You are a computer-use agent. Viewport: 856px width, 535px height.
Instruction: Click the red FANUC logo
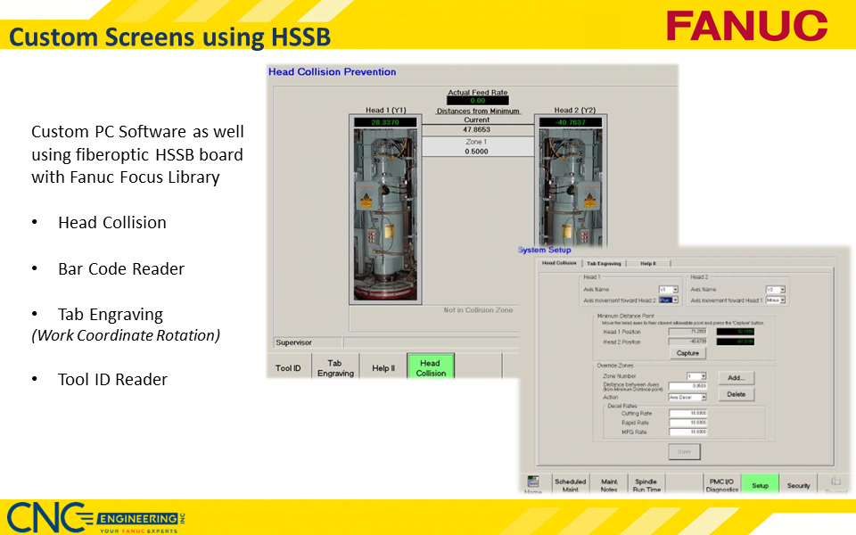click(x=746, y=25)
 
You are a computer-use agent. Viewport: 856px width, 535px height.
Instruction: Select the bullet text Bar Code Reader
click(x=121, y=268)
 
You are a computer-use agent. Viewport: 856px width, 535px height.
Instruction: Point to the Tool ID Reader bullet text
click(x=112, y=379)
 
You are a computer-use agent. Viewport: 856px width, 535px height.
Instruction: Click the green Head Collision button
click(x=430, y=367)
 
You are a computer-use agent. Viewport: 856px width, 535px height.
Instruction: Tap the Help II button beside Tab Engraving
click(x=383, y=368)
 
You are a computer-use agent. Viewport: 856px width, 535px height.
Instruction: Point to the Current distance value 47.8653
click(x=477, y=130)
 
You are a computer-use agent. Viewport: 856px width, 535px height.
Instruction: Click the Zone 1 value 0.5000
click(x=477, y=151)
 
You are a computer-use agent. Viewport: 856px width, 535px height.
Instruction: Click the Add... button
click(x=736, y=377)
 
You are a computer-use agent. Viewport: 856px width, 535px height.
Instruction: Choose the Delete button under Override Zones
click(x=736, y=394)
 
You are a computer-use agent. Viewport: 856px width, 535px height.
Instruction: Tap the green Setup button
click(x=760, y=486)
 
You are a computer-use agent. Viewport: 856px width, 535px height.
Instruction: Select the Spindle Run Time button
click(x=646, y=486)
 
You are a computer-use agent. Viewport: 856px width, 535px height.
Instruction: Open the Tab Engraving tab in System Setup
click(x=604, y=263)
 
